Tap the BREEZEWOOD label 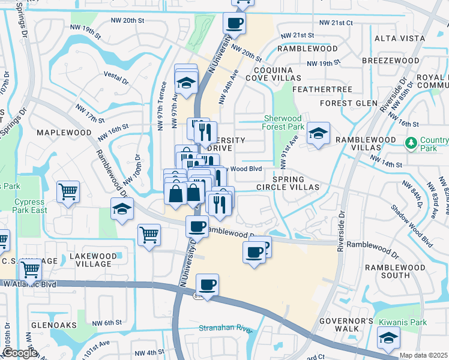click(390, 61)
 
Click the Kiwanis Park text click(402, 322)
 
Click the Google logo click(20, 353)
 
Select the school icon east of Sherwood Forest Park click(318, 133)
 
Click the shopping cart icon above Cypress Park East click(68, 193)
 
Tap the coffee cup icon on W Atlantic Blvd click(207, 285)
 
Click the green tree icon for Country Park click(411, 143)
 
